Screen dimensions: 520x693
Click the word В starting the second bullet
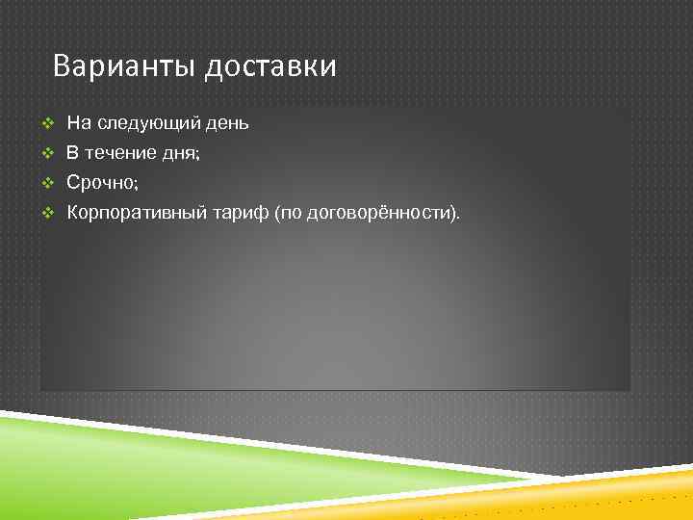point(72,152)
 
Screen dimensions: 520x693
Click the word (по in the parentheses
point(288,212)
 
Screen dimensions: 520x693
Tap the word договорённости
point(381,212)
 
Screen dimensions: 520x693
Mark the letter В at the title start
point(63,66)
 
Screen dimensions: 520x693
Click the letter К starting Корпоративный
point(72,211)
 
